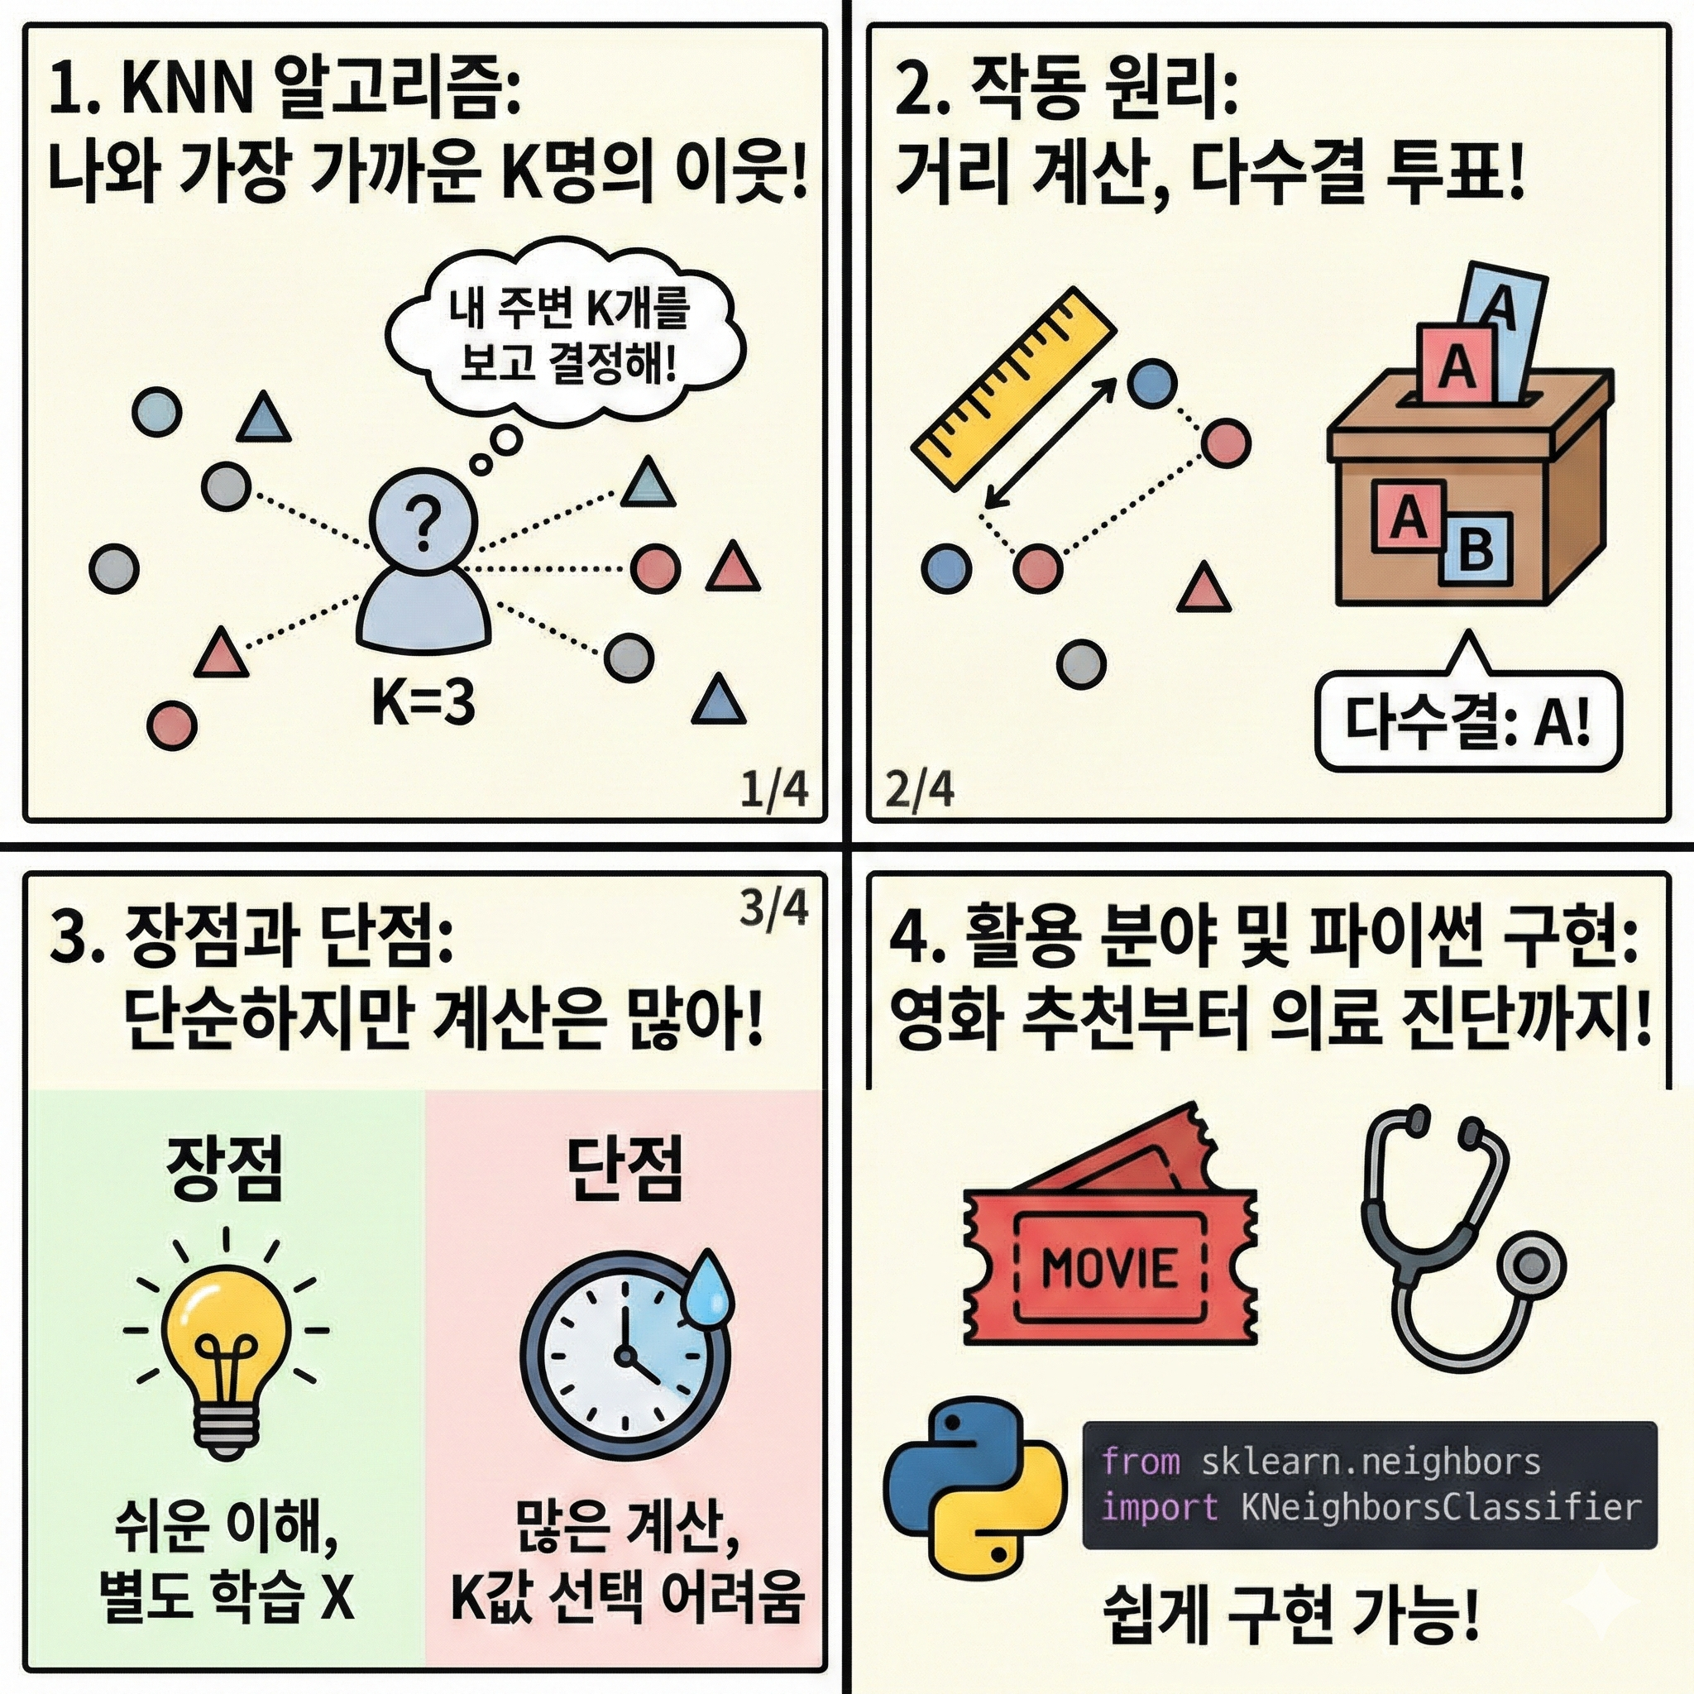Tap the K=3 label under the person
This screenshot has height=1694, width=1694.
(x=423, y=702)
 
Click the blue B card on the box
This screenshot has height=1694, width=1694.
(x=1476, y=550)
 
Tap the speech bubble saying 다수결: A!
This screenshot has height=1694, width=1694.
(x=1469, y=721)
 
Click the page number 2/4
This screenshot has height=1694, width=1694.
(x=920, y=791)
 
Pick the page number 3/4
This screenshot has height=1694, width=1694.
(x=773, y=909)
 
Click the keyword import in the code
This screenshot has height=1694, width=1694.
(x=1159, y=1507)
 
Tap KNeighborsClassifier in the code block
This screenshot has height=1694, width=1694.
(x=1441, y=1507)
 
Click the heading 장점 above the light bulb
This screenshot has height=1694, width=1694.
(x=225, y=1169)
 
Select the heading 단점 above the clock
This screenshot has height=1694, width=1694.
(x=624, y=1169)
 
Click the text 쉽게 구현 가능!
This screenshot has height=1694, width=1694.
(x=1290, y=1618)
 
